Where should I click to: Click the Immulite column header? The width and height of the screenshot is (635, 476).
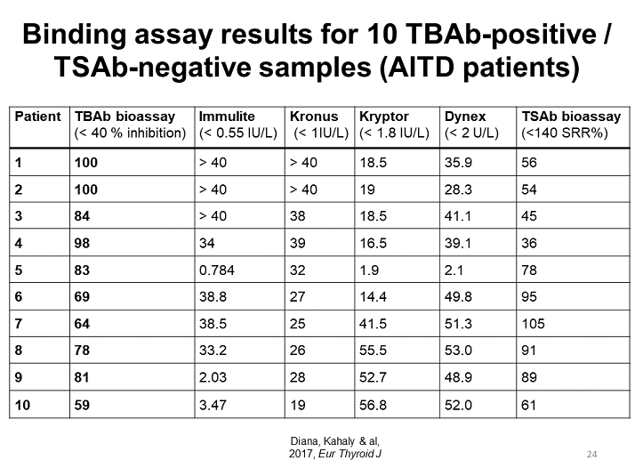point(227,117)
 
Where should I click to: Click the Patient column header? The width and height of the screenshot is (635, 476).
point(38,117)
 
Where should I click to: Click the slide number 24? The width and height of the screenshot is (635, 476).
point(592,455)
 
